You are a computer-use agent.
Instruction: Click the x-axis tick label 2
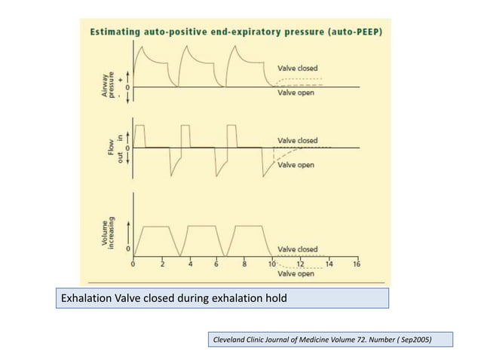[x=162, y=264]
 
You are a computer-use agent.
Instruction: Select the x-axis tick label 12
[x=300, y=264]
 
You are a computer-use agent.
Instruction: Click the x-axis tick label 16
[x=356, y=264]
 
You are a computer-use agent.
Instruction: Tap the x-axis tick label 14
[x=328, y=264]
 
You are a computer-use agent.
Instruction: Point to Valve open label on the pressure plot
[x=296, y=94]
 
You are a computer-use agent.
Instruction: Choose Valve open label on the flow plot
[x=296, y=164]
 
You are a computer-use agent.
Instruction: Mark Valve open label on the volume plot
[x=296, y=274]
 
